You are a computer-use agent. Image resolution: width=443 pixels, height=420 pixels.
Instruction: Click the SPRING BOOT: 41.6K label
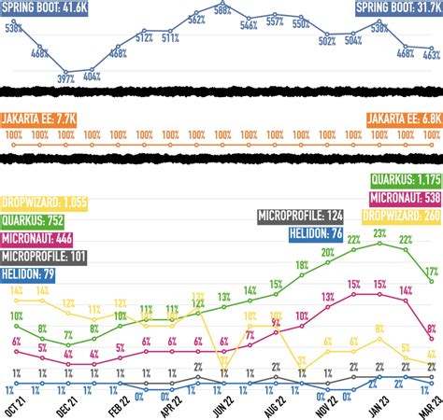click(x=44, y=8)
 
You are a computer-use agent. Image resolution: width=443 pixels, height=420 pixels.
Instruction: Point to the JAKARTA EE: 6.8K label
click(x=402, y=119)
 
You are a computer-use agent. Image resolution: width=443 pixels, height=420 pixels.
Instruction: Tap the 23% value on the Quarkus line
click(x=379, y=233)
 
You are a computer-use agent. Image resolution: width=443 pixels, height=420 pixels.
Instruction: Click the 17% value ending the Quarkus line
click(x=431, y=273)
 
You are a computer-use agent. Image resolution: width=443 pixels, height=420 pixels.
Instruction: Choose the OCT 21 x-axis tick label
click(x=14, y=403)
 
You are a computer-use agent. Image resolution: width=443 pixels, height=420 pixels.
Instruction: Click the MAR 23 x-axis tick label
click(x=429, y=403)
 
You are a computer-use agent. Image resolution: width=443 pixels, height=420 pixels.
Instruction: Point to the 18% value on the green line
click(x=301, y=265)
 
